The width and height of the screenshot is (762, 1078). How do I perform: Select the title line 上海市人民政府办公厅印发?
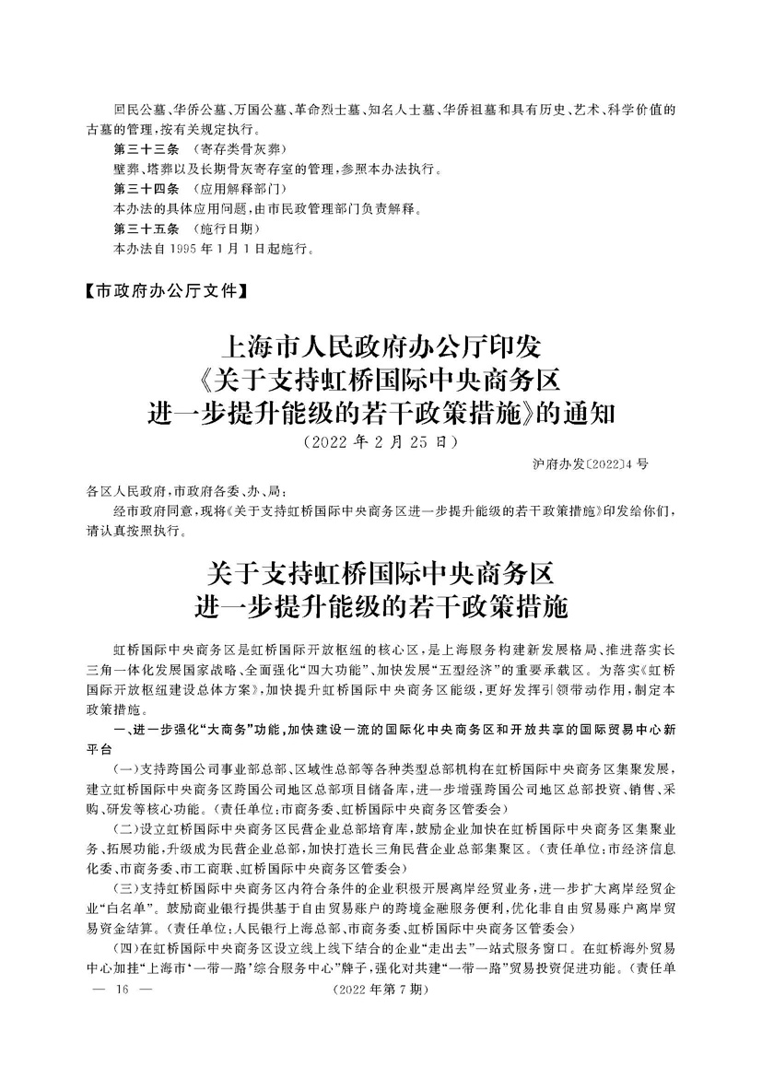[381, 348]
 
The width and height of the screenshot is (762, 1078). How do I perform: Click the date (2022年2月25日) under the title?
[381, 441]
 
